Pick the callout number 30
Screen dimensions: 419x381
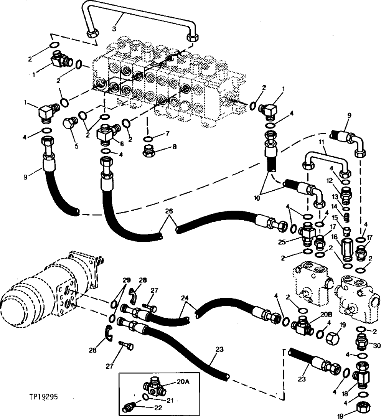click(x=376, y=345)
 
